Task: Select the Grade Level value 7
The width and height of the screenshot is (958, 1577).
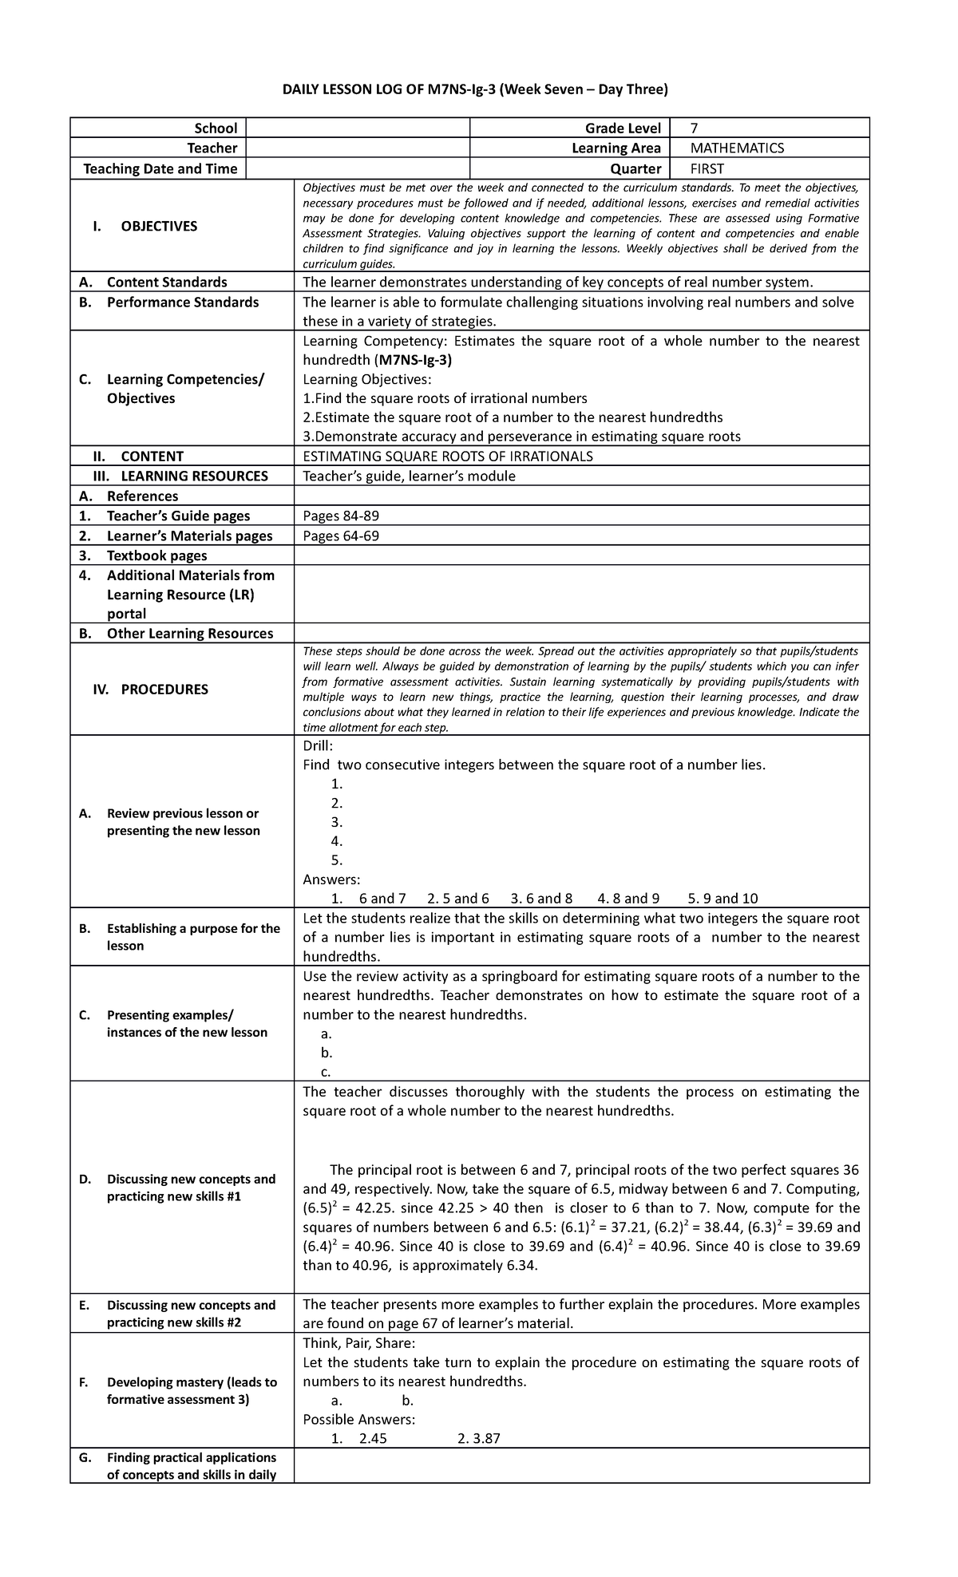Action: pyautogui.click(x=695, y=128)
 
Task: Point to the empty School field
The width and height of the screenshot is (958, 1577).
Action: pyautogui.click(x=358, y=128)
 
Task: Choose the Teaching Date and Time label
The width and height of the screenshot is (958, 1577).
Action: pyautogui.click(x=160, y=169)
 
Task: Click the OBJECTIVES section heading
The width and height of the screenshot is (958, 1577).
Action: pyautogui.click(x=158, y=227)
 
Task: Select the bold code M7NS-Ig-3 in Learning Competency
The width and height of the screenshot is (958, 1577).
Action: pyautogui.click(x=415, y=360)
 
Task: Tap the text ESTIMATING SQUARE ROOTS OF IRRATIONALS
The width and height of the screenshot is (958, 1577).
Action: pyautogui.click(x=448, y=457)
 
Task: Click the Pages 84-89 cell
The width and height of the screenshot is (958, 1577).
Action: pyautogui.click(x=341, y=516)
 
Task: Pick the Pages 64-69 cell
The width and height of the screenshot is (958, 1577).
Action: pyautogui.click(x=341, y=536)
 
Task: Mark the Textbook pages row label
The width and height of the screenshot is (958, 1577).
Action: pyautogui.click(x=156, y=556)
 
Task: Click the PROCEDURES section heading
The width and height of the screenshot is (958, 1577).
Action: pyautogui.click(x=164, y=690)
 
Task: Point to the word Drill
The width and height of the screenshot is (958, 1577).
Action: pyautogui.click(x=317, y=746)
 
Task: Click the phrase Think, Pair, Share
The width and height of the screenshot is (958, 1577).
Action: pyautogui.click(x=358, y=1343)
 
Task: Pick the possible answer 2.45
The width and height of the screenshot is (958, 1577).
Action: pyautogui.click(x=373, y=1439)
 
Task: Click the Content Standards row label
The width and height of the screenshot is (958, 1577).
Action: pyautogui.click(x=166, y=283)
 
